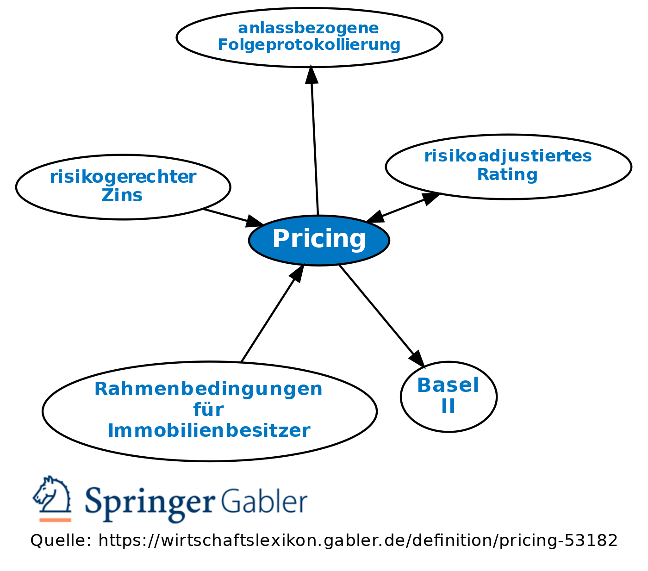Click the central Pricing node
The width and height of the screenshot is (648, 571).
[x=319, y=240]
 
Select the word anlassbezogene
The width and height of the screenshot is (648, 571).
[x=308, y=28]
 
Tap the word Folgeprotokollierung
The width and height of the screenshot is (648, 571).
[x=309, y=45]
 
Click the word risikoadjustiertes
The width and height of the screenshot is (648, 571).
[x=508, y=156]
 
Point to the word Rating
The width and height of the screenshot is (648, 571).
[x=507, y=175]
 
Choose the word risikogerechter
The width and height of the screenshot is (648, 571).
[x=123, y=177]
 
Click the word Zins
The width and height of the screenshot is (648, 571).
[x=122, y=195]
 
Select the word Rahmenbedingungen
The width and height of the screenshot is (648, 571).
[x=208, y=389]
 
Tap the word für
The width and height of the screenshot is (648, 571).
[x=208, y=410]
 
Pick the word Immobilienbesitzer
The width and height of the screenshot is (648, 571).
[x=209, y=431]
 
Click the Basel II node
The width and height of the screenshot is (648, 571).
[x=448, y=397]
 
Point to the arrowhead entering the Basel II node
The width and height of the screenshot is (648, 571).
[x=417, y=359]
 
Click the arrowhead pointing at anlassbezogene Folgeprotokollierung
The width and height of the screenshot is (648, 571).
[x=312, y=75]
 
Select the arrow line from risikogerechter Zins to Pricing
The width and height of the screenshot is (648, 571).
[x=227, y=216]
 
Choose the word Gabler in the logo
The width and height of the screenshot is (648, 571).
[x=264, y=501]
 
